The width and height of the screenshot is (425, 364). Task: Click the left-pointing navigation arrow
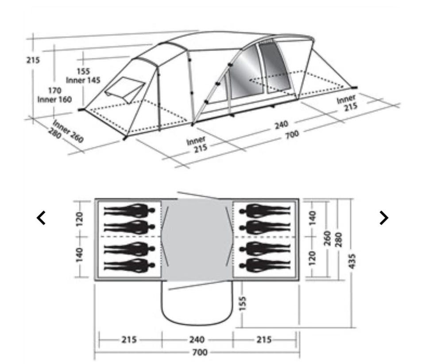tap(41, 218)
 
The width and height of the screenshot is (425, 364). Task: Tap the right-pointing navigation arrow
tap(384, 218)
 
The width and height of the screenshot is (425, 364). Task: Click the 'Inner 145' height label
tap(83, 80)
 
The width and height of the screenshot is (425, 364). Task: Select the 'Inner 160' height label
tap(54, 99)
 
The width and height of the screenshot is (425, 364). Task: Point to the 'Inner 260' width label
tap(68, 131)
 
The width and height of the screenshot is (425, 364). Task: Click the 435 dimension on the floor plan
tap(352, 261)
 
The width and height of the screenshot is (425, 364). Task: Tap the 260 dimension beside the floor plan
tap(328, 238)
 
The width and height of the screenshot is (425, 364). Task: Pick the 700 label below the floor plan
tap(200, 352)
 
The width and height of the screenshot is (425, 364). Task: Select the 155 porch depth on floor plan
tap(243, 303)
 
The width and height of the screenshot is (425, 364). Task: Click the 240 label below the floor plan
tap(197, 339)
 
